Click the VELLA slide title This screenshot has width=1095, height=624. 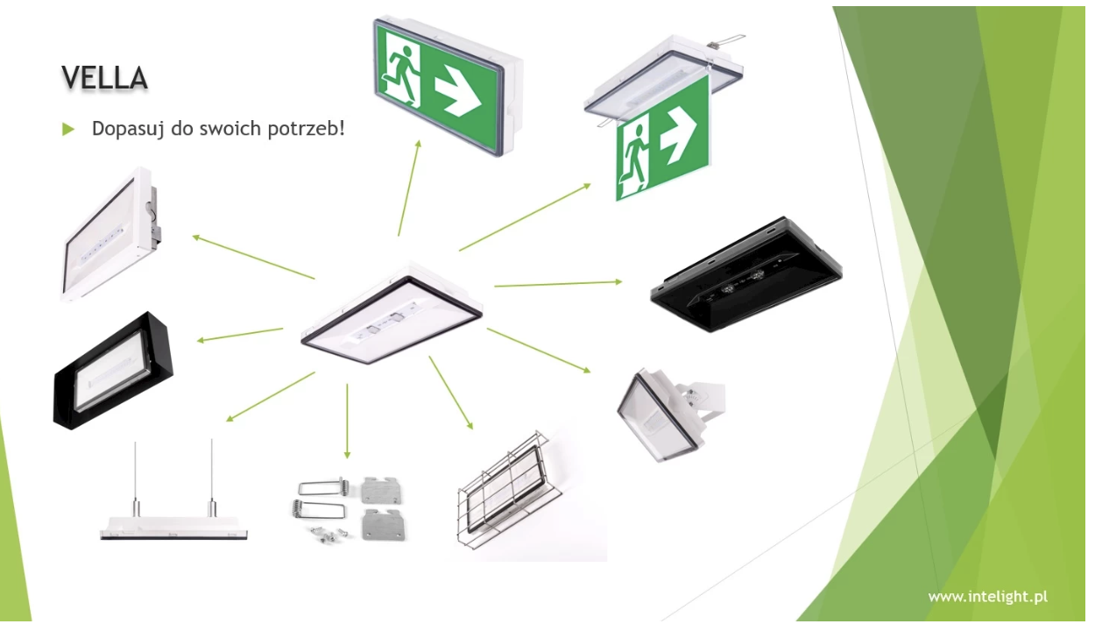coord(104,78)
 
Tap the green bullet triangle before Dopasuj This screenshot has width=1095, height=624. coord(68,129)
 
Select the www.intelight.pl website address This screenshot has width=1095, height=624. coord(987,597)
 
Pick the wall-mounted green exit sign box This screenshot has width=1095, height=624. coord(448,87)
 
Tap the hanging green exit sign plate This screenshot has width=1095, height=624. coord(663,138)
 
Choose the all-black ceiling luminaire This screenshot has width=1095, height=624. coord(746,274)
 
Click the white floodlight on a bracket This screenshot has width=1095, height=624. coord(671,415)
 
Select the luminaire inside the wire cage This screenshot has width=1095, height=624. coord(505,491)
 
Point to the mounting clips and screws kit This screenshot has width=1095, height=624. coord(349,509)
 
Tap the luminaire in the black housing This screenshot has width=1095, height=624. coord(113,371)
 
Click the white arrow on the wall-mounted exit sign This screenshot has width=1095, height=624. coord(458,96)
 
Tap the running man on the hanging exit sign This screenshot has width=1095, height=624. coord(634,158)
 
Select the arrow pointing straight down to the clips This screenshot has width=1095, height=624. coord(347,421)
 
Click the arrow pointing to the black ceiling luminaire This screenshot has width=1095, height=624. coord(558,284)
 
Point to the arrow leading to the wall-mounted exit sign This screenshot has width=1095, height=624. coord(409,188)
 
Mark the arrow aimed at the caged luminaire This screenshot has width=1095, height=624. coord(451,393)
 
